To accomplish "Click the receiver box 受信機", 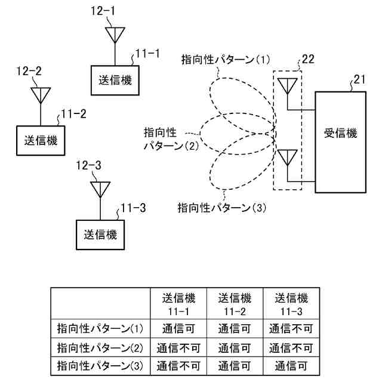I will [x=340, y=141].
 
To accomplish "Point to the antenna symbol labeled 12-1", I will [x=113, y=34].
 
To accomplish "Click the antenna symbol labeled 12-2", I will [x=41, y=94].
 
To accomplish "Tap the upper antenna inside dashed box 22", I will [x=288, y=86].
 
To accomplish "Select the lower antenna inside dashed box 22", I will [x=288, y=158].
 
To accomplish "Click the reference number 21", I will [x=359, y=79].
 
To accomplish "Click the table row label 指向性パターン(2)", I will [x=100, y=347].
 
